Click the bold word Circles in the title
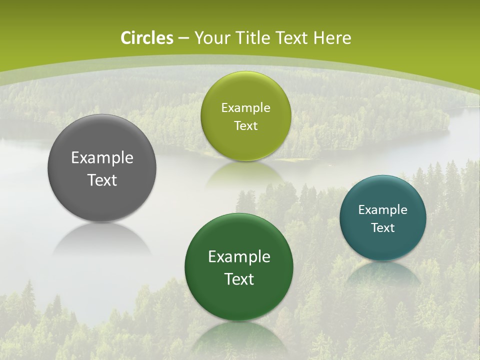pos(147,38)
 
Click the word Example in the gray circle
pos(102,158)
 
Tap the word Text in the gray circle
pos(102,180)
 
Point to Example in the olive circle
pos(245,108)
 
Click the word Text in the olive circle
pos(245,126)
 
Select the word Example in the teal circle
pos(383,210)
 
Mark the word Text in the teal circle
pos(383,228)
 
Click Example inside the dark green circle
pos(239,257)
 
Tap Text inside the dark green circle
pos(239,279)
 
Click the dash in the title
pos(183,38)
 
